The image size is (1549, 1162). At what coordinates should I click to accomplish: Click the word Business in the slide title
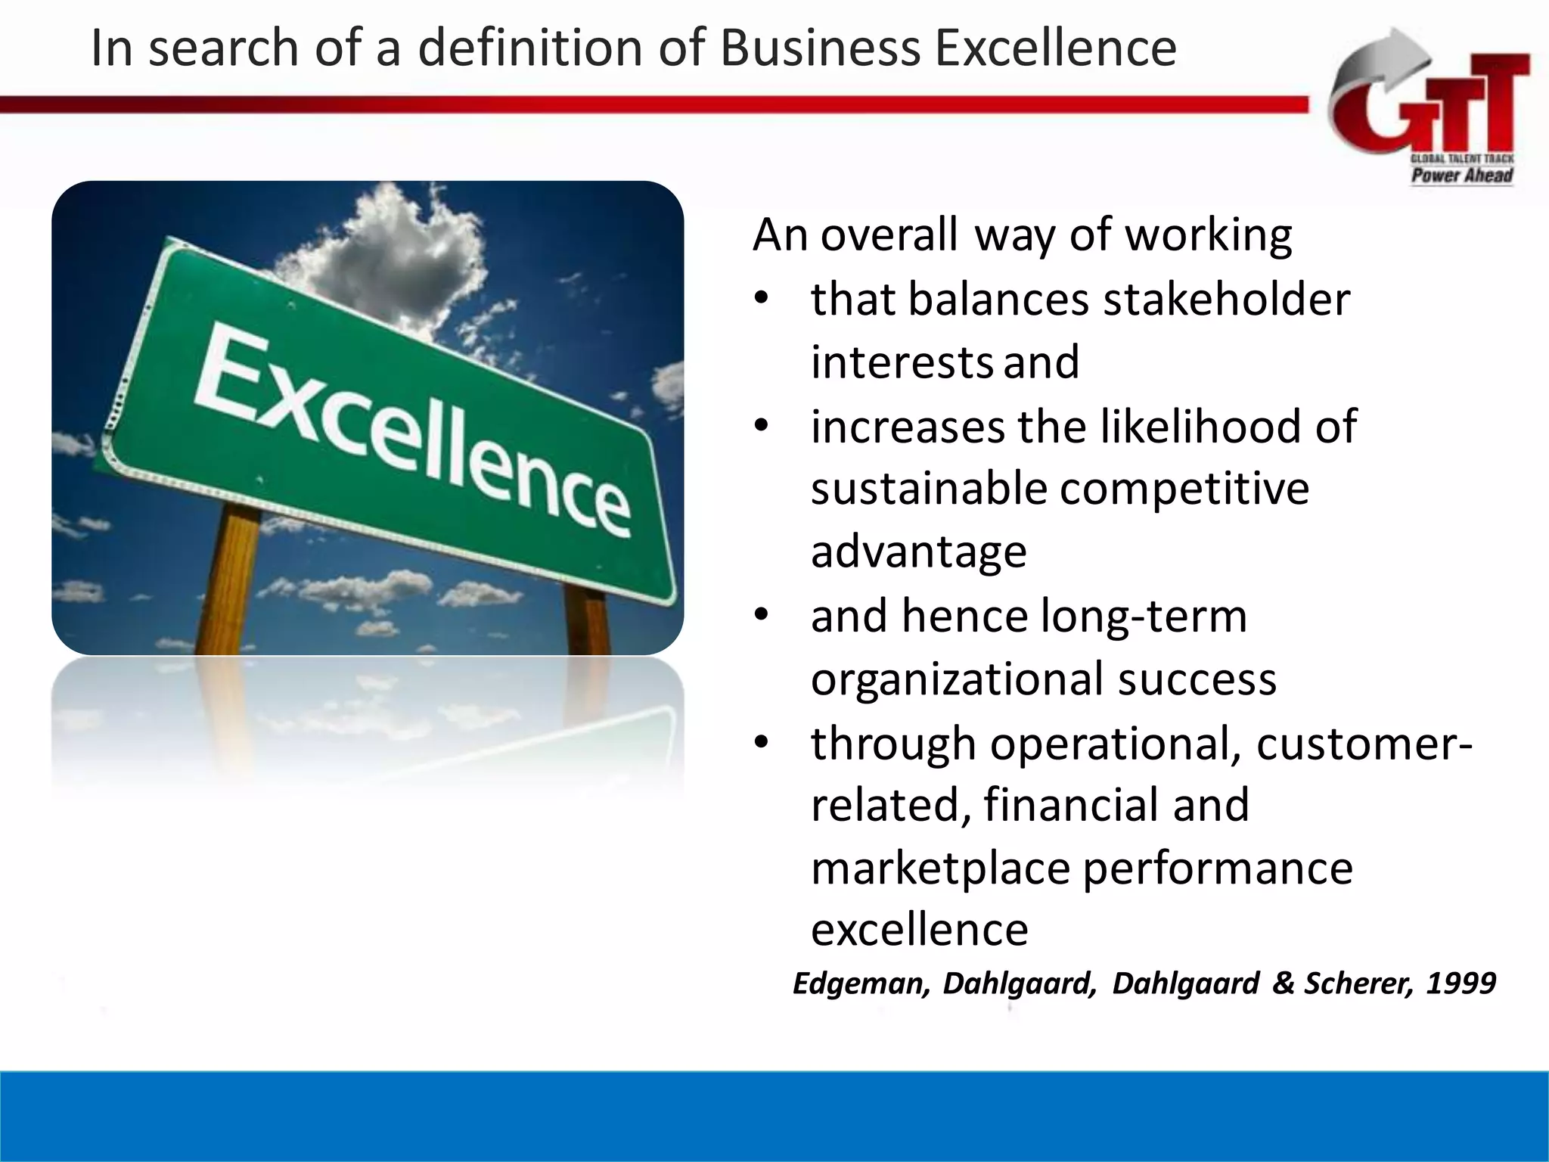point(820,48)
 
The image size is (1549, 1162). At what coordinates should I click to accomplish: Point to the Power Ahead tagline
point(1461,176)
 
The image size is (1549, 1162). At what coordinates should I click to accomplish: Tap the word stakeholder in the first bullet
point(1226,299)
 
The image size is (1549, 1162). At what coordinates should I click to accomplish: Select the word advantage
point(919,551)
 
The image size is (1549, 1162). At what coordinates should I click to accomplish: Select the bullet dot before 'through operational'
point(762,743)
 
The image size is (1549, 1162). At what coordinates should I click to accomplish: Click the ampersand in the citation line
point(1284,983)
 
